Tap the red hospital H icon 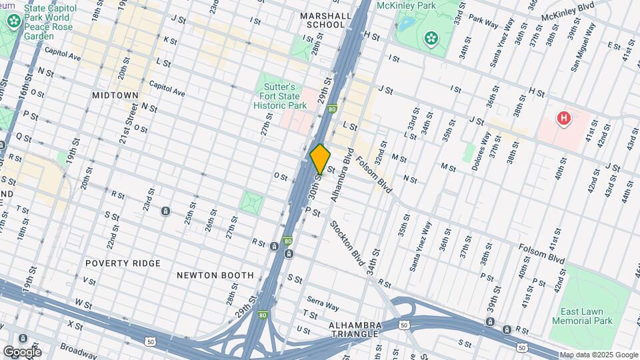pyautogui.click(x=564, y=119)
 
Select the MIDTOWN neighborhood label pyautogui.click(x=115, y=95)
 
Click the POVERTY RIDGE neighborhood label pyautogui.click(x=123, y=263)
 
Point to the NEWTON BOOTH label pyautogui.click(x=215, y=275)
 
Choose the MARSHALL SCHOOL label pyautogui.click(x=325, y=20)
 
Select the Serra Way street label pyautogui.click(x=322, y=303)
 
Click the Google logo pyautogui.click(x=21, y=351)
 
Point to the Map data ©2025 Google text pyautogui.click(x=598, y=355)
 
